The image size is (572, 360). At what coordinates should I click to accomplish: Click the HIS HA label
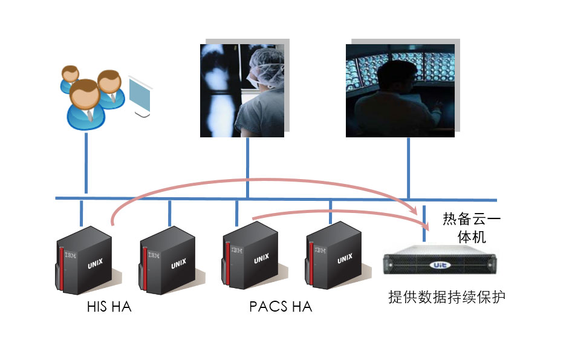click(109, 307)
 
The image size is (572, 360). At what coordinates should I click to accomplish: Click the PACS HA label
click(281, 307)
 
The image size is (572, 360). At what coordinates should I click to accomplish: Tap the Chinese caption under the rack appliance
click(447, 297)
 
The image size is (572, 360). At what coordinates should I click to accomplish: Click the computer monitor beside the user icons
click(140, 97)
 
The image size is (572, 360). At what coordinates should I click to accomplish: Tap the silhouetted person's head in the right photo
click(391, 75)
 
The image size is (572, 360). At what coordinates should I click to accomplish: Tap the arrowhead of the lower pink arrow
click(425, 226)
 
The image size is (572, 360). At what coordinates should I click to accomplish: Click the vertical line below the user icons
click(86, 163)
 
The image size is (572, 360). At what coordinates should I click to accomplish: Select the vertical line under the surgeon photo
click(248, 166)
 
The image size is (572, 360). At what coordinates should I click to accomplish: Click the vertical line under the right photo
click(409, 166)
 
